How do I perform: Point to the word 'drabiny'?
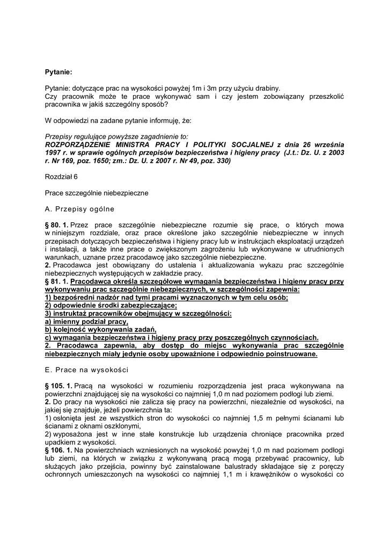point(266,88)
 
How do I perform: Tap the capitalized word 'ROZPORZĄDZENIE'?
point(80,145)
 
